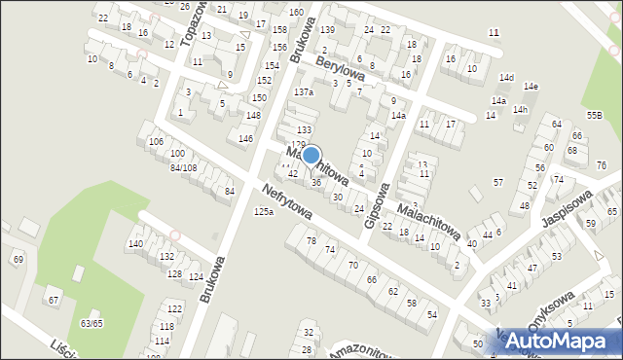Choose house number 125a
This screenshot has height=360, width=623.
click(263, 211)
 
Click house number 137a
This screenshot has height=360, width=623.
click(304, 92)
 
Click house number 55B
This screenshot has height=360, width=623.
click(594, 115)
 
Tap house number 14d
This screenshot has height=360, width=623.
click(506, 78)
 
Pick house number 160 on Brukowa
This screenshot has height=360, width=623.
click(295, 12)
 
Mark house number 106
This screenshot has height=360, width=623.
click(156, 142)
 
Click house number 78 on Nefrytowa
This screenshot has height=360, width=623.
click(311, 240)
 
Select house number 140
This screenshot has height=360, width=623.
click(135, 243)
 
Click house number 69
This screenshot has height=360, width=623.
click(18, 258)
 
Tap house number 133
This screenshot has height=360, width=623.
click(304, 129)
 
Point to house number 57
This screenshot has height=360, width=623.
click(498, 183)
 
